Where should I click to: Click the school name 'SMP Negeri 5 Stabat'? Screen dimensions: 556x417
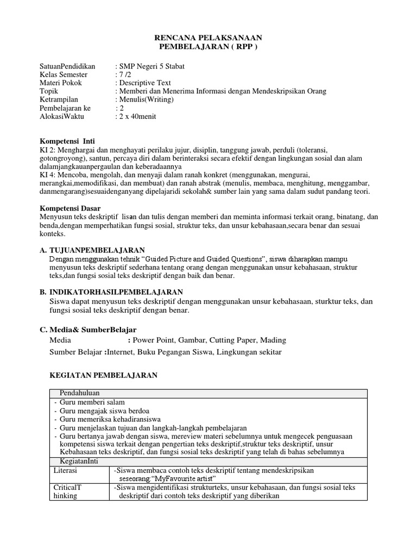tap(151, 66)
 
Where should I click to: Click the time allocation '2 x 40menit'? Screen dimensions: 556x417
tap(137, 117)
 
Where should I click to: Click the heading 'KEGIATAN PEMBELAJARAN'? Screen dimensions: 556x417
tap(104, 375)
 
